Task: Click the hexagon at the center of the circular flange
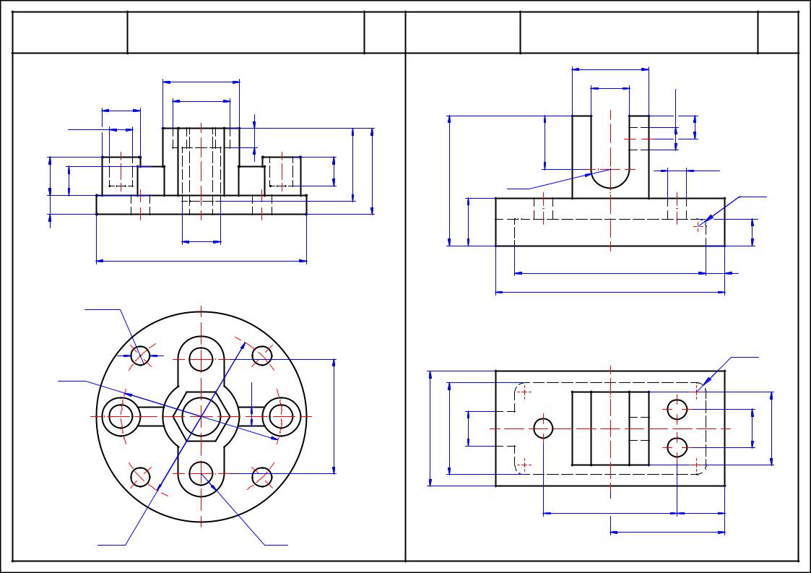point(201,417)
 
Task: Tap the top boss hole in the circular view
point(201,358)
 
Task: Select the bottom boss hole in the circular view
point(201,474)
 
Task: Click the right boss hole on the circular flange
point(281,416)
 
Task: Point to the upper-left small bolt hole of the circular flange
point(141,356)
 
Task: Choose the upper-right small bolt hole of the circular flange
point(262,356)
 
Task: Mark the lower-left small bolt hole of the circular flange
point(141,477)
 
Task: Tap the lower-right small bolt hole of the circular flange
point(262,477)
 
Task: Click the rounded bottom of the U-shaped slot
point(610,181)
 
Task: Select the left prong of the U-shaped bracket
point(582,155)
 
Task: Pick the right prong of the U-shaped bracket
point(639,155)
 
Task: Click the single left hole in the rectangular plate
point(544,428)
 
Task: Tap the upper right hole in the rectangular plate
point(677,410)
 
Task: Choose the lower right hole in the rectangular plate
point(677,448)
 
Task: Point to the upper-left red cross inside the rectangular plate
point(524,392)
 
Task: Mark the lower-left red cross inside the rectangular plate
point(524,463)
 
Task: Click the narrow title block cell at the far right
point(778,33)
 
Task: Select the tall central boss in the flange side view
point(201,161)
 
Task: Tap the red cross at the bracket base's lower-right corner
point(698,226)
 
